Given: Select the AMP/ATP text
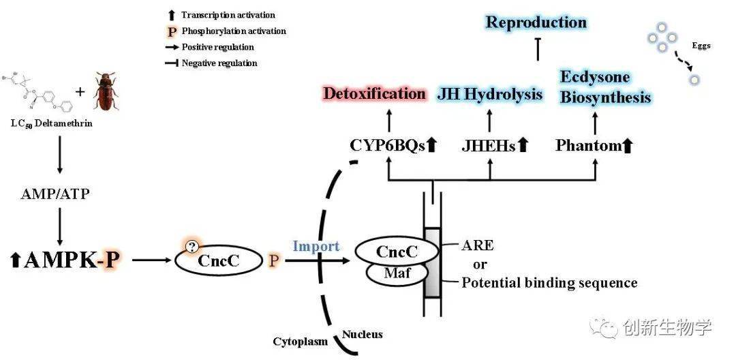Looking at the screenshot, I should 60,194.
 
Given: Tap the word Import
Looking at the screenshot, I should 316,246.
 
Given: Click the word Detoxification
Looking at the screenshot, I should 375,93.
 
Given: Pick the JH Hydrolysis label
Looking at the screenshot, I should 489,93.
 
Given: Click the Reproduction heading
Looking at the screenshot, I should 536,22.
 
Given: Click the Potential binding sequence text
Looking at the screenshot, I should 549,282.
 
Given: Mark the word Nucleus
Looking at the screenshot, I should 362,334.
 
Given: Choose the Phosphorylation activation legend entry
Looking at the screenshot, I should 233,31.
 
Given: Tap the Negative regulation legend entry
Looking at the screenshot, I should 219,63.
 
